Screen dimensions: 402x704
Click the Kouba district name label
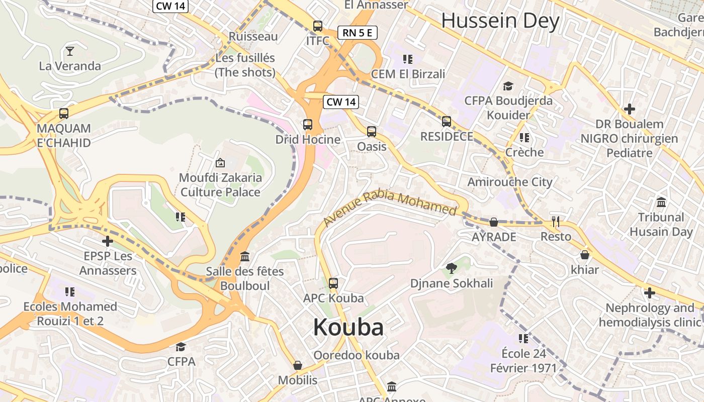tap(348, 328)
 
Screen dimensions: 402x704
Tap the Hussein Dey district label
tap(500, 21)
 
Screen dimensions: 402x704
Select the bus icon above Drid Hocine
tap(308, 124)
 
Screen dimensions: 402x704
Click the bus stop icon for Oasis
tap(372, 132)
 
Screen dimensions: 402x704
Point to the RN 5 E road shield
tap(357, 33)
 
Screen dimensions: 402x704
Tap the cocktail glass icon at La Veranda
tap(70, 51)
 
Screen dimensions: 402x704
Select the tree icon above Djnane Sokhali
tap(452, 268)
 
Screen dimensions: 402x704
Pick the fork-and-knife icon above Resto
tap(556, 222)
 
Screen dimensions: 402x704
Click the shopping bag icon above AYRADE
tap(494, 222)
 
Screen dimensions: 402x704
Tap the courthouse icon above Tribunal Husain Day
tap(661, 203)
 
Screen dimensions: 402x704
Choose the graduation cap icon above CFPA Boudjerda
tap(508, 86)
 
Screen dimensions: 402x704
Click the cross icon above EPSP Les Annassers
tap(108, 241)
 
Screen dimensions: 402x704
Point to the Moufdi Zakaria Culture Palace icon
tap(220, 163)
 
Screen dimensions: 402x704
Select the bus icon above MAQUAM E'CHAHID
tap(64, 114)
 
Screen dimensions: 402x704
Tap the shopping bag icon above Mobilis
tap(298, 365)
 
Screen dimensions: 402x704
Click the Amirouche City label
tap(510, 182)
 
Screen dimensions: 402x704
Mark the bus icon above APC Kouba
tap(333, 283)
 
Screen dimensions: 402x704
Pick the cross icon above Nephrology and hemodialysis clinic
tap(650, 293)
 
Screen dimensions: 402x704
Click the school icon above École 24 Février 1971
tap(523, 339)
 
